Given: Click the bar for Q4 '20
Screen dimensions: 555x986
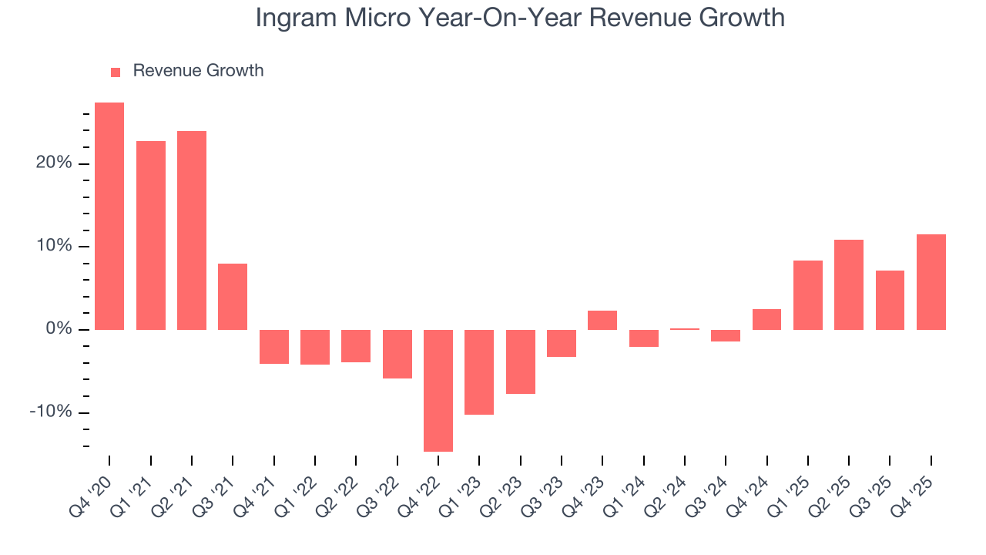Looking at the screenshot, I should pyautogui.click(x=109, y=216).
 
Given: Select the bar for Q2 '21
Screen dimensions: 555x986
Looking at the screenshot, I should pyautogui.click(x=192, y=230).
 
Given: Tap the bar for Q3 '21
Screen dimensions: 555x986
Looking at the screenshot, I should pyautogui.click(x=233, y=297).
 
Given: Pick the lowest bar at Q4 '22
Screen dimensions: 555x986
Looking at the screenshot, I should pyautogui.click(x=438, y=390).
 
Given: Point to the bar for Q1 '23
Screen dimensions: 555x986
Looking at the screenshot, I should pyautogui.click(x=479, y=372).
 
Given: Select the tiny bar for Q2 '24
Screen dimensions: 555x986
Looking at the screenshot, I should pyautogui.click(x=685, y=329).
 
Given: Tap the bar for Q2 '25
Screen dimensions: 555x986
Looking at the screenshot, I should pyautogui.click(x=849, y=284).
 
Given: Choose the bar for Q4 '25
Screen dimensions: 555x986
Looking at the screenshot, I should pyautogui.click(x=931, y=282).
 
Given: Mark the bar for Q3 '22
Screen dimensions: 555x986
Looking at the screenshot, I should pyautogui.click(x=397, y=354).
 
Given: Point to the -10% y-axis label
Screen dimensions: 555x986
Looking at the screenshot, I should pyautogui.click(x=51, y=412).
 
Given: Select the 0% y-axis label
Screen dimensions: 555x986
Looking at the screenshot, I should pyautogui.click(x=60, y=329).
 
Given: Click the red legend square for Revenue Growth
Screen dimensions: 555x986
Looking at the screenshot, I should pyautogui.click(x=116, y=72).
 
